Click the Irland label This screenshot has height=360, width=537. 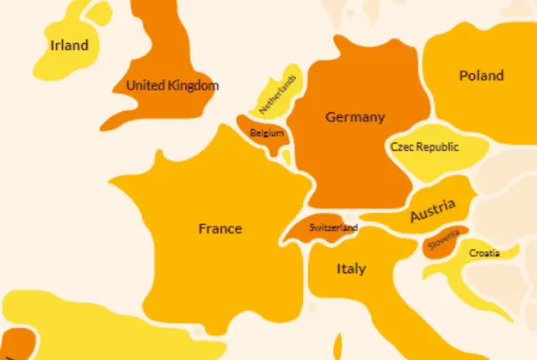pos(69,46)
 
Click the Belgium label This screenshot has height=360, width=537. pos(266,133)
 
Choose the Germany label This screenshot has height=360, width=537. pos(355,117)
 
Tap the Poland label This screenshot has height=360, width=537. pos(481,76)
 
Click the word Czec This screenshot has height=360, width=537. pos(404,147)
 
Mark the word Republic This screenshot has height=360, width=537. pos(440,147)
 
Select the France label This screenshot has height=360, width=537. pos(219,229)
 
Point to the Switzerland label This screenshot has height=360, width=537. pos(333,228)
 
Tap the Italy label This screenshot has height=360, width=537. pos(350,269)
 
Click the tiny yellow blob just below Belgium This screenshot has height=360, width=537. pos(287,158)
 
